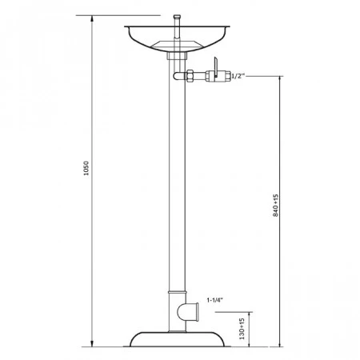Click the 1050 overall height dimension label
coord(86,168)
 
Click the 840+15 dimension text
coord(275,205)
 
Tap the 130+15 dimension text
coord(242,329)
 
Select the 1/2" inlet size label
coord(238,76)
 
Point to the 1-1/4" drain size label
coord(215,300)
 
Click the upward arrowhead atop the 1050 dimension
coord(92,18)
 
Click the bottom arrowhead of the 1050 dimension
coord(92,343)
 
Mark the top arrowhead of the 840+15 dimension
coord(280,79)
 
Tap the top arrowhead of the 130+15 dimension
coord(250,315)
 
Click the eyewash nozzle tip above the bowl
coord(177,17)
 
